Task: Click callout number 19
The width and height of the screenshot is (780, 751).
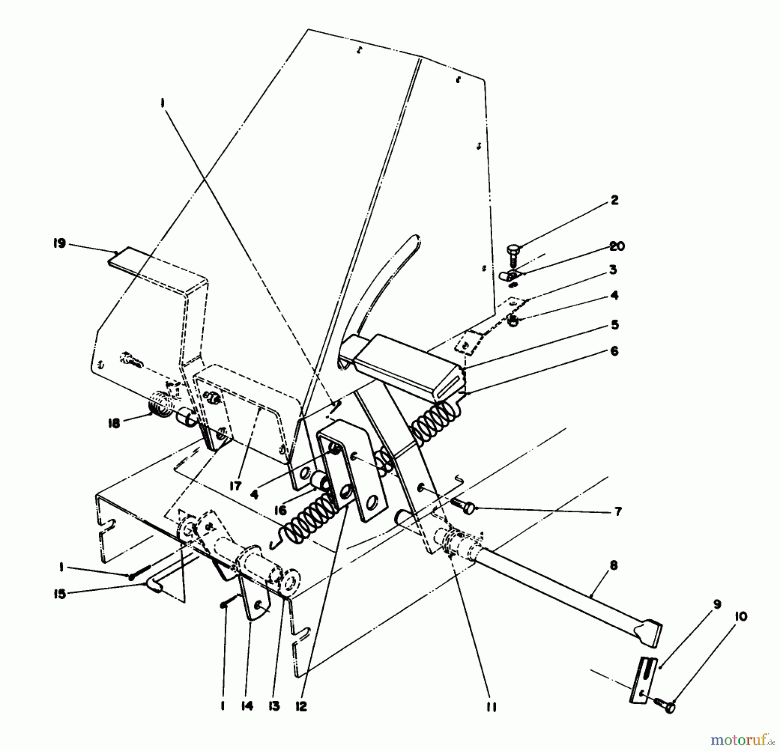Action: coord(59,243)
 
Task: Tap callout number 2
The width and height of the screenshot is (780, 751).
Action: coord(614,200)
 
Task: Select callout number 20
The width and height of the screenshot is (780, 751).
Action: coord(617,246)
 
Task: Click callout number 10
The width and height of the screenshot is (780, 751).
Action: coord(741,616)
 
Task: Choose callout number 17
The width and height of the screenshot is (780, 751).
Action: coord(235,486)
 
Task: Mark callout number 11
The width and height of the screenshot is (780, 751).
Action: coord(491,706)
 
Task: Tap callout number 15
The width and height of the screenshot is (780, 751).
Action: coord(60,593)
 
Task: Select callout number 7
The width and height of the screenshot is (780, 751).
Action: coord(618,511)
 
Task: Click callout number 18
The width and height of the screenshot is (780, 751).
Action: coord(114,423)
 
